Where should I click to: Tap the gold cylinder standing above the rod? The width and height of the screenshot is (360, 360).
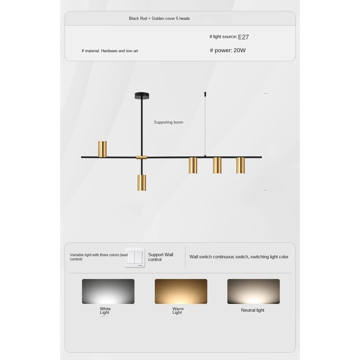click(x=103, y=149)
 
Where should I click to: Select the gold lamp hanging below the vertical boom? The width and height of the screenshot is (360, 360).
click(x=141, y=183)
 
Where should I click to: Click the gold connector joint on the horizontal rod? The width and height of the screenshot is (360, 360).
click(x=141, y=157)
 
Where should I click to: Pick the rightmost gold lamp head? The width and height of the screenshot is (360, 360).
click(x=240, y=165)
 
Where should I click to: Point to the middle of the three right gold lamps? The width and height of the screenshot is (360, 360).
click(x=217, y=165)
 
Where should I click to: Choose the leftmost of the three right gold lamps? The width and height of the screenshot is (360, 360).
click(x=193, y=165)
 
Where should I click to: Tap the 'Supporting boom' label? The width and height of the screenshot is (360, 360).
click(x=168, y=122)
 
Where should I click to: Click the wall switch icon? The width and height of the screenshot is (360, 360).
click(x=135, y=257)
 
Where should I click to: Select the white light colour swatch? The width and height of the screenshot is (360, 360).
click(x=108, y=291)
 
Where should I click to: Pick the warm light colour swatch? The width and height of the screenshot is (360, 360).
click(x=181, y=291)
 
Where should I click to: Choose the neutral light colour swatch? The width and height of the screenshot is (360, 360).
click(x=253, y=291)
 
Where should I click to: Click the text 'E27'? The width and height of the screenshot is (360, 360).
click(x=243, y=37)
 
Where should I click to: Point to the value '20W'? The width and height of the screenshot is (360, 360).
click(x=239, y=50)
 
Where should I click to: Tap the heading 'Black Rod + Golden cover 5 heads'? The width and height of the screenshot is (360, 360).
click(x=159, y=18)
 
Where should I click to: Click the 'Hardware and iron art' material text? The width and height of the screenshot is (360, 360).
click(x=119, y=51)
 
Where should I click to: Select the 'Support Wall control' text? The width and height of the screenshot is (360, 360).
click(x=161, y=257)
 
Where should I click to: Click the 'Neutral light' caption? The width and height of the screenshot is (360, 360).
click(x=252, y=310)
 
